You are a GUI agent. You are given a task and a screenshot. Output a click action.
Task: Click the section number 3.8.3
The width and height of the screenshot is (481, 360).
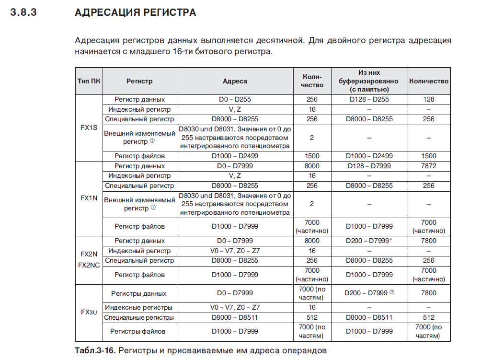(x=23, y=13)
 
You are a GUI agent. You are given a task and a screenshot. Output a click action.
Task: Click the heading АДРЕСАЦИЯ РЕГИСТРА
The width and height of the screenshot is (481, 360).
(x=136, y=13)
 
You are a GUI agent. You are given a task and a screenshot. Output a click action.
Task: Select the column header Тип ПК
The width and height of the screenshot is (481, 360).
(x=89, y=81)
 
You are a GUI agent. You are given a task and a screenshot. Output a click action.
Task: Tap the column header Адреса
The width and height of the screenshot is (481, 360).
(x=235, y=81)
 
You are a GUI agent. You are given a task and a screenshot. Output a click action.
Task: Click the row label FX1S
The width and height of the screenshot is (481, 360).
(x=89, y=128)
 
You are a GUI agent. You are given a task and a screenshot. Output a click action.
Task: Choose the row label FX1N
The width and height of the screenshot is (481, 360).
(x=89, y=198)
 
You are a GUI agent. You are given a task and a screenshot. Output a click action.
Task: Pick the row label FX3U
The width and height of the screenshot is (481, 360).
(x=89, y=312)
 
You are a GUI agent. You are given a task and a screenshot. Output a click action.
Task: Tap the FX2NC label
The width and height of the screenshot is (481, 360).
(x=89, y=265)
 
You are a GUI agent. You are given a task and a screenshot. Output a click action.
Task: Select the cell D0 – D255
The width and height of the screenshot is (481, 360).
(x=235, y=99)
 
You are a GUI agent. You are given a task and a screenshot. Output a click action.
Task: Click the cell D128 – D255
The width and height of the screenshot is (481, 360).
(x=369, y=99)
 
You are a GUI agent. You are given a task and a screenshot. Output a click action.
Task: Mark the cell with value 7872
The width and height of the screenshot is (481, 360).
(x=429, y=166)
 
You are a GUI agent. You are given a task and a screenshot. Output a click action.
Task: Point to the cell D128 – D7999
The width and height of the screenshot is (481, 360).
(x=369, y=166)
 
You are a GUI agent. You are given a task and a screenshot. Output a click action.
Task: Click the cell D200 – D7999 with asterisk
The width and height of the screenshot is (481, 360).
(x=369, y=241)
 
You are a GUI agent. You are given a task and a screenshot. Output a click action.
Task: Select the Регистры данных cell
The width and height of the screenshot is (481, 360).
(x=139, y=293)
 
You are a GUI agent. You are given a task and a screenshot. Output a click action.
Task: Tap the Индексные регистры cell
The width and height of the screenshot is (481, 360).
(x=139, y=307)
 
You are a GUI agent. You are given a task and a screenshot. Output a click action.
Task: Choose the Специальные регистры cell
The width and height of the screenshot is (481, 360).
(x=139, y=317)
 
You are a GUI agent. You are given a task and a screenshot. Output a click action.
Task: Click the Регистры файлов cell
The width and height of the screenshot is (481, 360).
(x=139, y=331)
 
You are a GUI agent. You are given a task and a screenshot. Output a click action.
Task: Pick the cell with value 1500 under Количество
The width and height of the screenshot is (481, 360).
(x=429, y=156)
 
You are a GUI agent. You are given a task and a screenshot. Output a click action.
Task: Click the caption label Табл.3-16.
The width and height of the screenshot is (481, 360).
(x=95, y=350)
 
